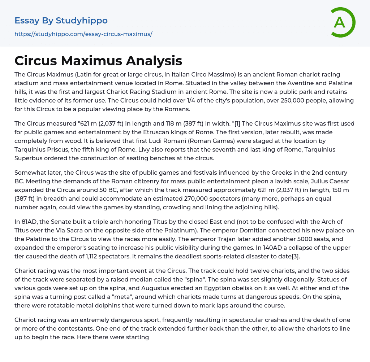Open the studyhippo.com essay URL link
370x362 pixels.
click(x=83, y=34)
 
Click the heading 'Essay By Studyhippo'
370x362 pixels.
click(x=61, y=21)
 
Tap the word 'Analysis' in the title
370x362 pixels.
click(x=154, y=61)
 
